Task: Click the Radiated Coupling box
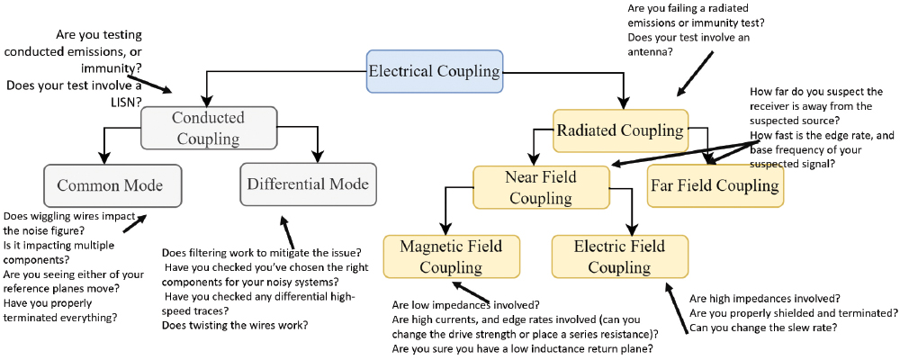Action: tap(620, 130)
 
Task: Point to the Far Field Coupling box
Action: tap(715, 185)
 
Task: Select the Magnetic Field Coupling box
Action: tap(451, 256)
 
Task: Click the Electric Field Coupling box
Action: tap(619, 256)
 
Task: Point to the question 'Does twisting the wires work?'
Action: tap(236, 325)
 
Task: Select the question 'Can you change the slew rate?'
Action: tap(764, 328)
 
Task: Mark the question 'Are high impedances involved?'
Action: tap(764, 298)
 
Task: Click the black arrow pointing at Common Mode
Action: tap(135, 220)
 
